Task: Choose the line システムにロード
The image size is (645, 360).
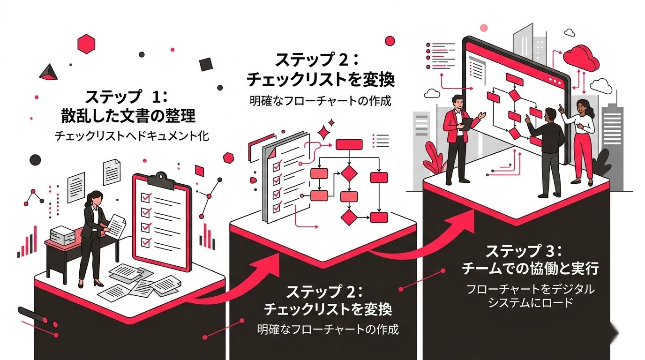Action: tap(531, 303)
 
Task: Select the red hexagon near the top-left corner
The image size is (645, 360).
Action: tap(86, 44)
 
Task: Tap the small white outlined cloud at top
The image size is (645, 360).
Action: tap(570, 32)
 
